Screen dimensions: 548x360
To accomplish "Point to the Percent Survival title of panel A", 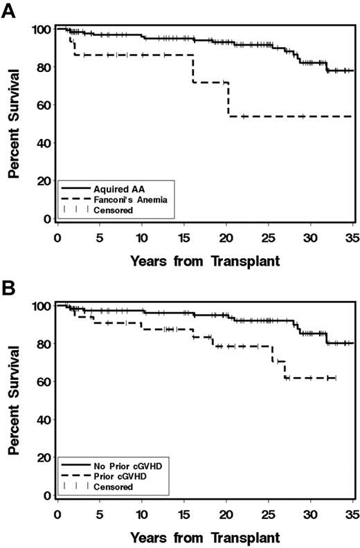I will [13, 125].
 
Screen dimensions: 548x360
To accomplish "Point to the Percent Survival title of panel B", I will [13, 401].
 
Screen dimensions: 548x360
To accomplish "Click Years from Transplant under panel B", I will [205, 537].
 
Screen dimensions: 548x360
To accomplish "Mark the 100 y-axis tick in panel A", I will [42, 30].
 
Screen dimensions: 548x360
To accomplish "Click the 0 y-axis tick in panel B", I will [47, 495].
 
